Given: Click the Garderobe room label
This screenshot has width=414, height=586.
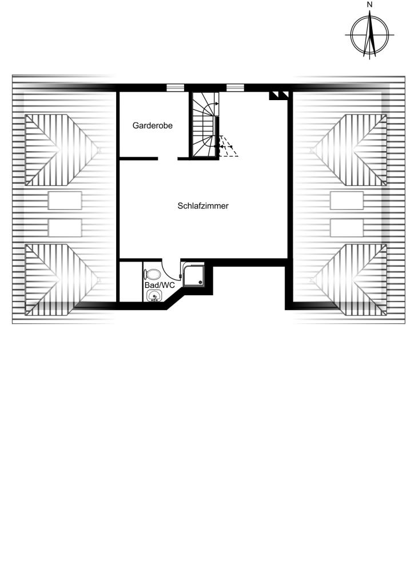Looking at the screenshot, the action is [152, 125].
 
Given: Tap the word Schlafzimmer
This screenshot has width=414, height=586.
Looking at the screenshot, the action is [203, 206].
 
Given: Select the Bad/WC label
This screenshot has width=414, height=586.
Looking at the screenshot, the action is [160, 285].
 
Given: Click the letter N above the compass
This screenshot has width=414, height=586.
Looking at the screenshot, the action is [369, 5].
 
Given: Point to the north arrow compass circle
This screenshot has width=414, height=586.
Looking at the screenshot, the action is [351, 35].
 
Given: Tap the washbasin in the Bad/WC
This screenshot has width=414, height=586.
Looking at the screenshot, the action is [154, 296].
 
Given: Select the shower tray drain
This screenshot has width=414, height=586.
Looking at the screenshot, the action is [201, 282].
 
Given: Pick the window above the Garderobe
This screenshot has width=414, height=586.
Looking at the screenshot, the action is [175, 88].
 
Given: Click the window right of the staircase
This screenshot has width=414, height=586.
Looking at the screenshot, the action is [235, 88].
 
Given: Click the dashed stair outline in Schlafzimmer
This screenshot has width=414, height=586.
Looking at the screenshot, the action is [228, 146].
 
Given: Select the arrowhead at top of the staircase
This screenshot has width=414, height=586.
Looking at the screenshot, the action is [217, 104].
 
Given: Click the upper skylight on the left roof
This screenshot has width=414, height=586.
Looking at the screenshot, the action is [65, 201].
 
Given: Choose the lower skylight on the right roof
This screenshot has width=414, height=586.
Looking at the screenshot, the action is [347, 228].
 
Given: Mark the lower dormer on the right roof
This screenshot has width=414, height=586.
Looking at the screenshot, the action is [349, 280].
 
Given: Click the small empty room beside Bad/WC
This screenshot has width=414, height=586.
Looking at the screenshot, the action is [130, 282].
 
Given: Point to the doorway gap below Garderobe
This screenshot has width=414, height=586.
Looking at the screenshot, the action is [168, 159].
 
